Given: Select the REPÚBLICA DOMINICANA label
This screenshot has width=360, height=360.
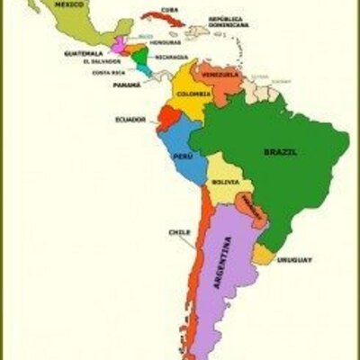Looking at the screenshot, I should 229,21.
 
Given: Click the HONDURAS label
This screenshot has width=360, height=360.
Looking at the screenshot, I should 165,41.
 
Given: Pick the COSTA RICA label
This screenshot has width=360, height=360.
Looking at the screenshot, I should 107,72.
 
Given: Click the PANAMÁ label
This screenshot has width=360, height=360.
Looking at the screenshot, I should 126,85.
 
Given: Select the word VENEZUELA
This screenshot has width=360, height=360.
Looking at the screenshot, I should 220,74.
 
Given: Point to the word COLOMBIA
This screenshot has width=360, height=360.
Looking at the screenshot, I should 193,94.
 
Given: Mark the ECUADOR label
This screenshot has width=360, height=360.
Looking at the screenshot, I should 130,119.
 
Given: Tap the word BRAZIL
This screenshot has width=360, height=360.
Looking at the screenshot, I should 280,152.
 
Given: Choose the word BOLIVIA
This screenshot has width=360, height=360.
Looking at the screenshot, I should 226,183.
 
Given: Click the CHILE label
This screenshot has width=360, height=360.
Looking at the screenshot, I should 179,232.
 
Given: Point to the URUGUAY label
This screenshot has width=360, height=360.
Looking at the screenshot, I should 294,260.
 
